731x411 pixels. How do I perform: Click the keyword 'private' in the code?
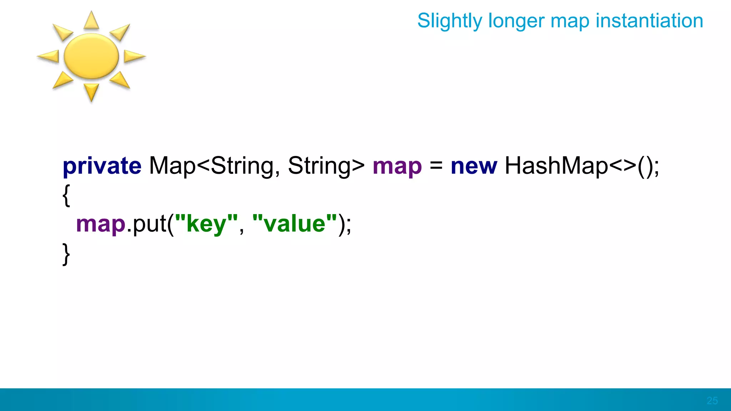coord(102,166)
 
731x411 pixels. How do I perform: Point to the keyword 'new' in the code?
coord(474,166)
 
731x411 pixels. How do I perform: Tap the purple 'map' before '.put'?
coord(101,224)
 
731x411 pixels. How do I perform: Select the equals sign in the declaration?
coord(436,166)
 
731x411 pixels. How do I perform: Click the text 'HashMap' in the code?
coord(556,166)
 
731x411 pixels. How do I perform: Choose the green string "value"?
coord(294,224)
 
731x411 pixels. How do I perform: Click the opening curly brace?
coord(66,195)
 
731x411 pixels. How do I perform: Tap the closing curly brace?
coord(66,254)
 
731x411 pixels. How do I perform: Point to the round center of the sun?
coord(91,56)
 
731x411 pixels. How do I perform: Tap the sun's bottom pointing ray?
coord(91,92)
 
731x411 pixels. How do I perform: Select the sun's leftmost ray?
coord(48,56)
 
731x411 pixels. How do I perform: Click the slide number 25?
coord(712,401)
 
